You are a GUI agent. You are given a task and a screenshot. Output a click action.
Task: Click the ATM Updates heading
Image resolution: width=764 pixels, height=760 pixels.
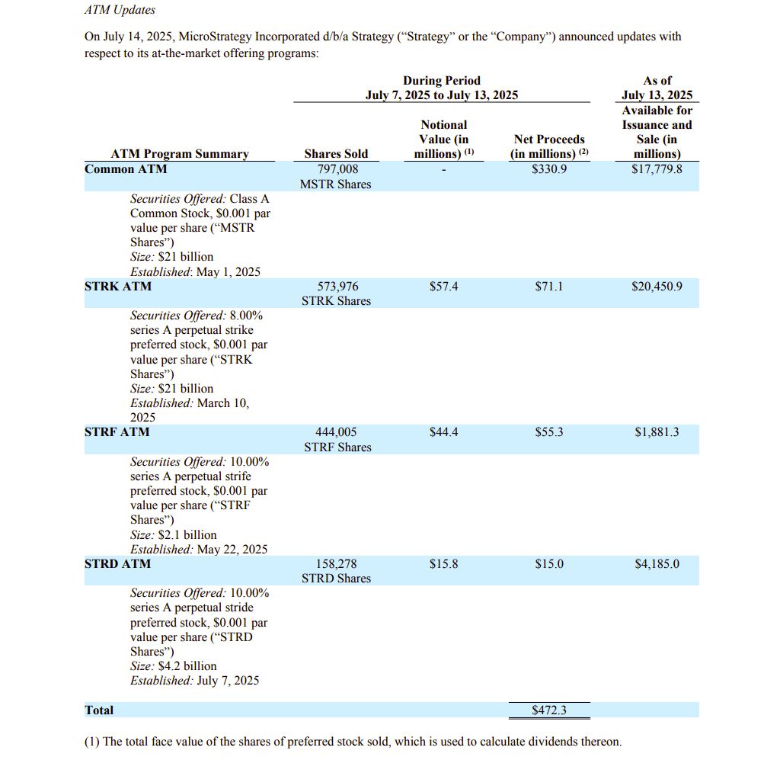(x=120, y=11)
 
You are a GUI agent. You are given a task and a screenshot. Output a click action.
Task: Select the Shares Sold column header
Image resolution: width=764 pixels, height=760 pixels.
(x=336, y=154)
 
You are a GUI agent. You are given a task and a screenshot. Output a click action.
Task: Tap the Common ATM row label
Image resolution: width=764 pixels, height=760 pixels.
(x=126, y=169)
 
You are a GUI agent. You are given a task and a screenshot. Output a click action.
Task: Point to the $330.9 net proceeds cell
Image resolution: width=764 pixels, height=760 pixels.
(x=549, y=169)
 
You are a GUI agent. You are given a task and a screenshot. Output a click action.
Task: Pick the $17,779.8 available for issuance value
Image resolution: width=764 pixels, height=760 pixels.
(x=657, y=169)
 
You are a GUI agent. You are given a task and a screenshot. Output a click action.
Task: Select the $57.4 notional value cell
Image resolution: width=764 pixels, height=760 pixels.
(x=444, y=287)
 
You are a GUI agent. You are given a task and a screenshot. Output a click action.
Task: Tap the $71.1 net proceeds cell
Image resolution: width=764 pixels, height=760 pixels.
(x=549, y=287)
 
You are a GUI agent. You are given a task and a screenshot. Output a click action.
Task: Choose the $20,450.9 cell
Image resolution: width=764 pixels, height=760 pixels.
(x=657, y=287)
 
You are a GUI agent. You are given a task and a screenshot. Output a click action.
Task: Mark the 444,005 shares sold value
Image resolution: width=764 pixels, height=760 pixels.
(x=337, y=432)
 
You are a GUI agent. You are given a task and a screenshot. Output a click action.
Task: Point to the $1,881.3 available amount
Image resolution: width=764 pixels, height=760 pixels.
(x=657, y=432)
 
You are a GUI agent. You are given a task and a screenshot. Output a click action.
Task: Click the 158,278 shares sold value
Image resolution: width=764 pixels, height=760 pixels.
(x=337, y=564)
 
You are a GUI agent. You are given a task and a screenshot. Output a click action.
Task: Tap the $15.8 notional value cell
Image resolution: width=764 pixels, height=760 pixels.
(x=444, y=564)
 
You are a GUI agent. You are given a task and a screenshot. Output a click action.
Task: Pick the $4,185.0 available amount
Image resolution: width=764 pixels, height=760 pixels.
(x=657, y=564)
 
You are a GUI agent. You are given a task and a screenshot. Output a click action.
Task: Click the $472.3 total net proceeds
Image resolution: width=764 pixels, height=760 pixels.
(x=549, y=710)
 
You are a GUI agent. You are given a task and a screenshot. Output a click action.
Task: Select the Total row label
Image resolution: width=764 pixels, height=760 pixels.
(x=99, y=710)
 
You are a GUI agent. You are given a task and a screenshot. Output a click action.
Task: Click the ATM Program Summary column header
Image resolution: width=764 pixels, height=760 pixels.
(x=180, y=154)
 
